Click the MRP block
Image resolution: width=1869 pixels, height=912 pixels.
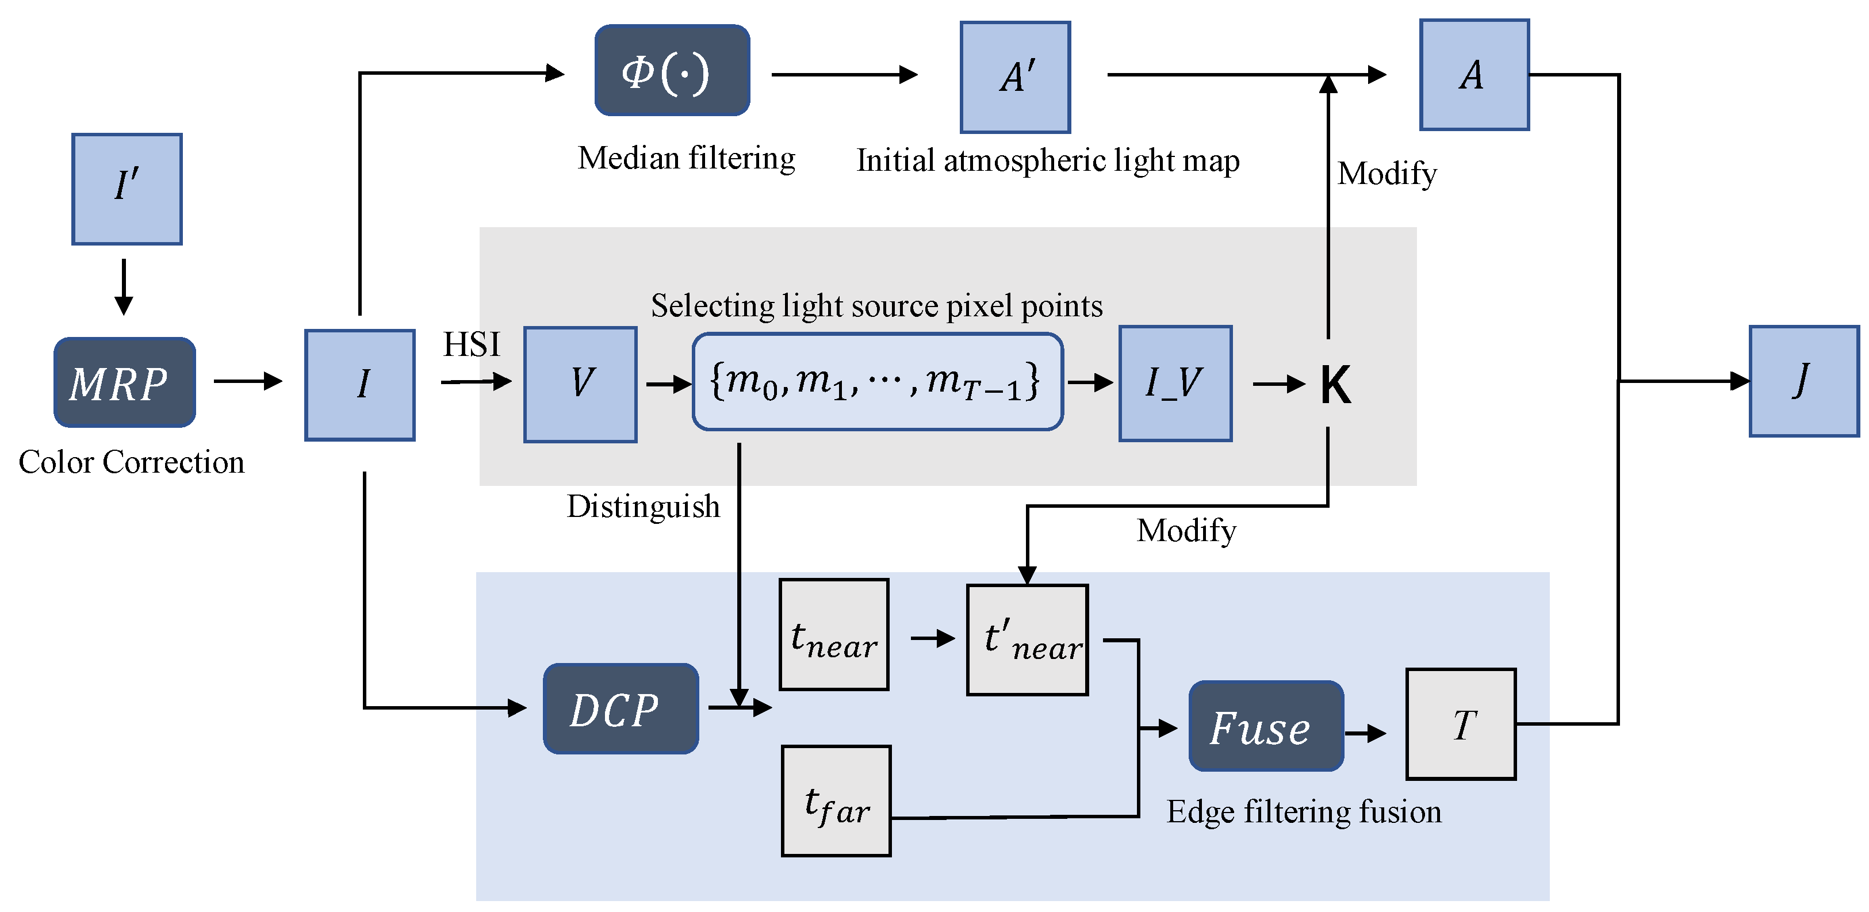click(x=124, y=382)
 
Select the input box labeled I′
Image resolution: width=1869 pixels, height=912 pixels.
click(x=127, y=189)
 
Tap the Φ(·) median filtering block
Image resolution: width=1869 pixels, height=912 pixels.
click(x=672, y=70)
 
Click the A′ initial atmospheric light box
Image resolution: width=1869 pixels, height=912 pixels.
click(x=1015, y=77)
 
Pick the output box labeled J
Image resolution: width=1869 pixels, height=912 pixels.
click(x=1803, y=381)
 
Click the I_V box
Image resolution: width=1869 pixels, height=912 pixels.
click(x=1175, y=383)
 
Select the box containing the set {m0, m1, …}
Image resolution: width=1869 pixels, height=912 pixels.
click(x=877, y=382)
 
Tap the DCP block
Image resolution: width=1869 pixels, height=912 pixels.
click(x=621, y=709)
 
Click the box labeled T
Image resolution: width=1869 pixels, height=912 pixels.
click(x=1461, y=724)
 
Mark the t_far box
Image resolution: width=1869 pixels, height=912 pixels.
click(x=836, y=801)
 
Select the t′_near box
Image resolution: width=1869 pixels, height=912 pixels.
click(x=1027, y=640)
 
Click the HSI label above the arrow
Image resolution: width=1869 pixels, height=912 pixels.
click(x=472, y=344)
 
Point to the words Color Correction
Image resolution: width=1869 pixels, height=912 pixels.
click(x=131, y=462)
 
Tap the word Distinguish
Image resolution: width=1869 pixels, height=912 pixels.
click(x=643, y=507)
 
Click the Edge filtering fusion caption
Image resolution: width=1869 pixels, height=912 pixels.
click(x=1303, y=811)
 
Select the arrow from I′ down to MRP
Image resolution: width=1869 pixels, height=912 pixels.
click(x=124, y=286)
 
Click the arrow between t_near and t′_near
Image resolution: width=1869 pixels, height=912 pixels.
click(x=932, y=638)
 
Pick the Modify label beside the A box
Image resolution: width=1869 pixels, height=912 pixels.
click(x=1387, y=174)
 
